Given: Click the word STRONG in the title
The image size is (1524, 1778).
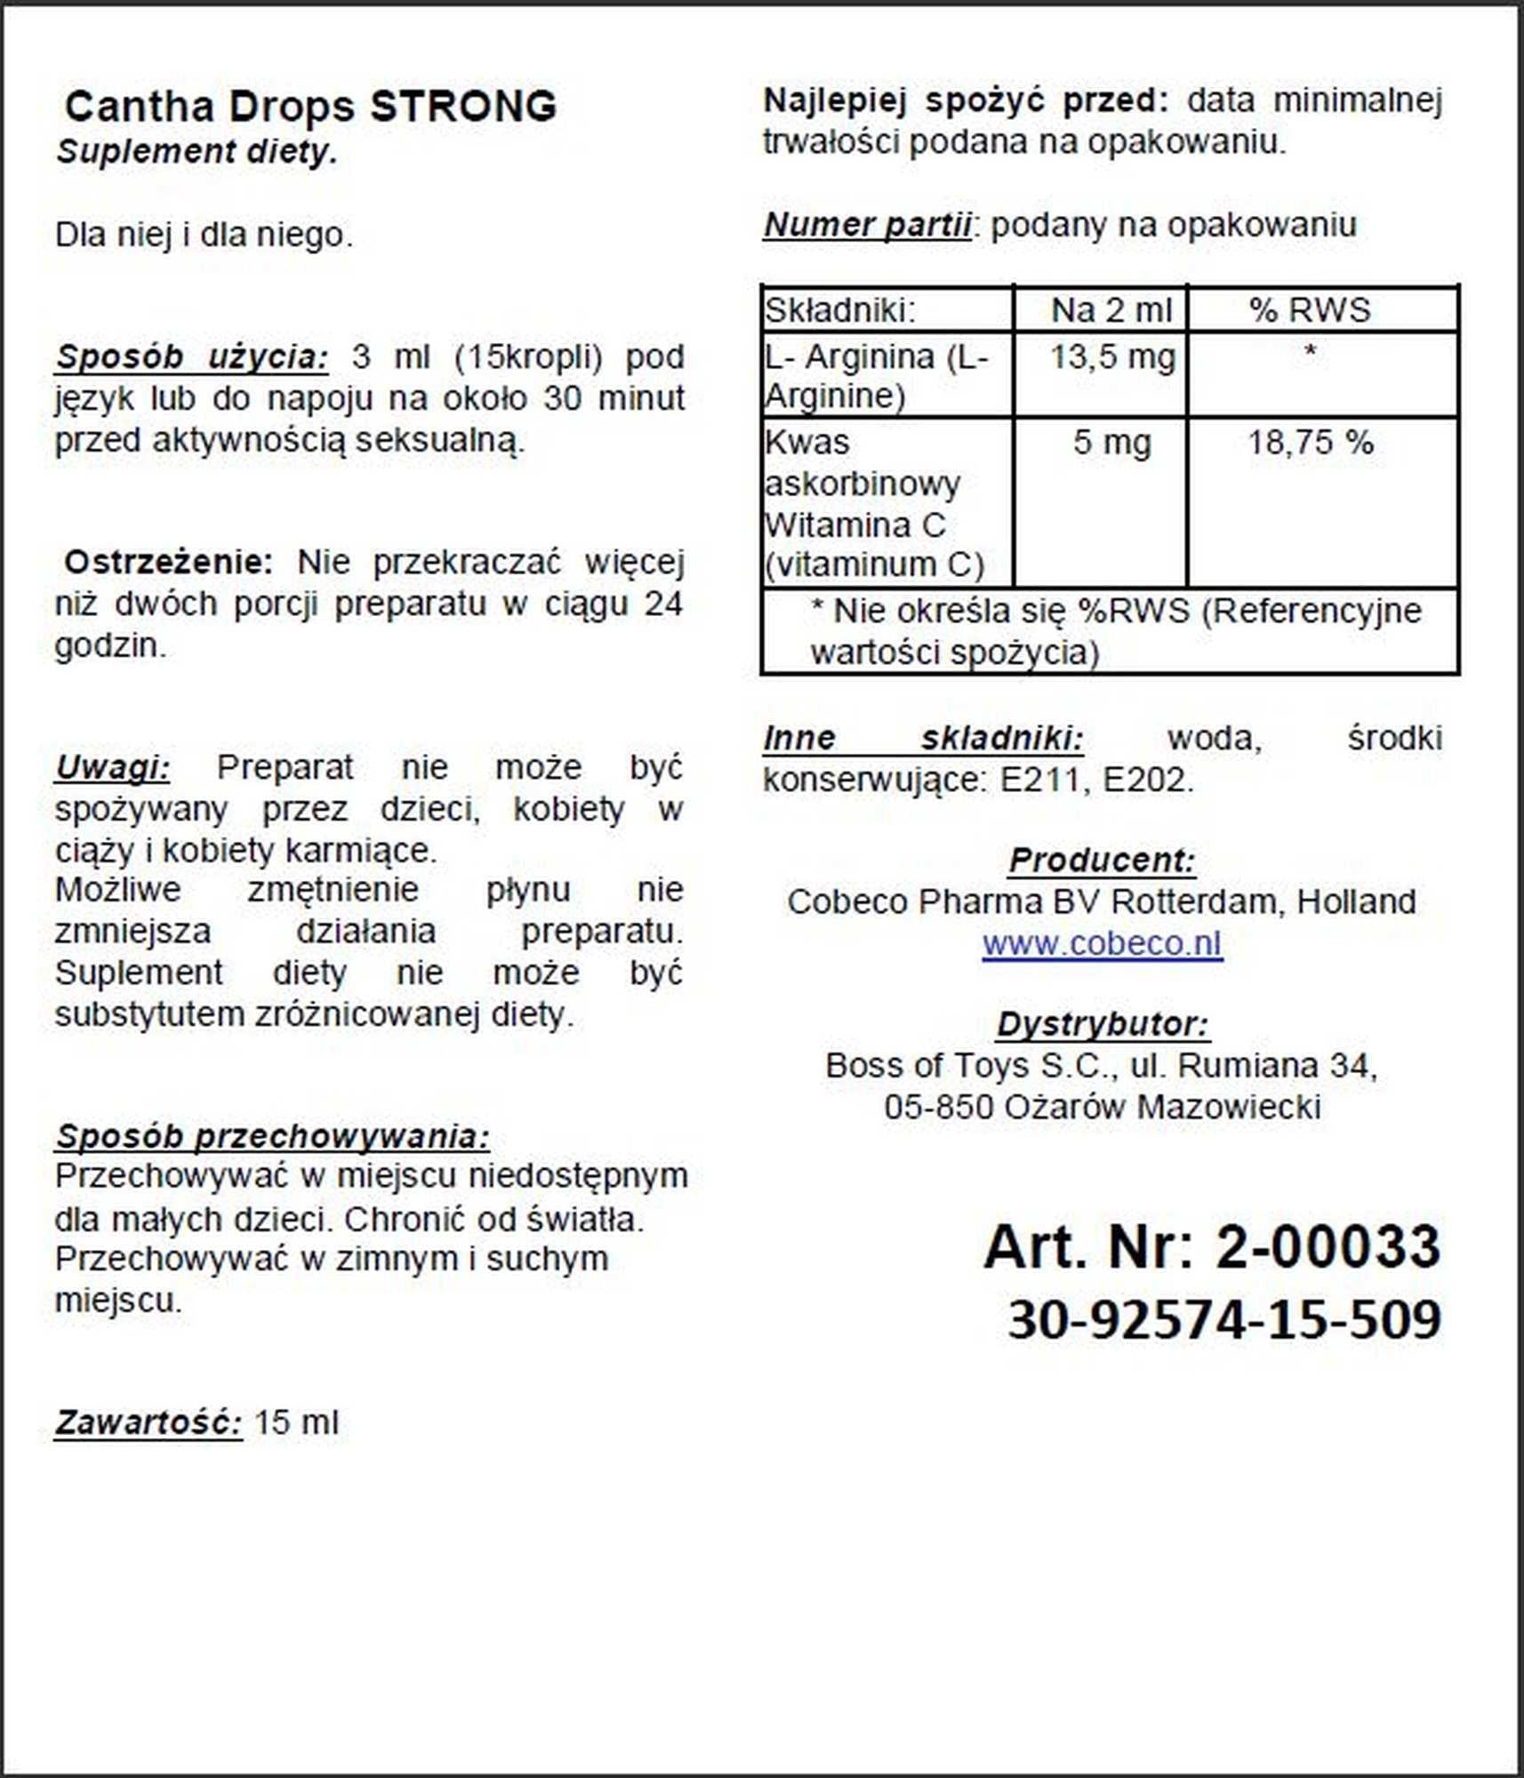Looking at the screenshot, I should pos(463,107).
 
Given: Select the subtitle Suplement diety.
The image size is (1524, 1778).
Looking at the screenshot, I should pos(197,152).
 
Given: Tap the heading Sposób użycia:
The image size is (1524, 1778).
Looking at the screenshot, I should pos(191,357).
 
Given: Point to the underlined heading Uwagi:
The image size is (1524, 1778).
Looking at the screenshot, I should pos(112,767).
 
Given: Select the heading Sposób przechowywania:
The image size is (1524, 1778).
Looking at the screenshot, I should pos(271,1136).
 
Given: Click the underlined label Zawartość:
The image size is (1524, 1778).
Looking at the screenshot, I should pos(148,1422).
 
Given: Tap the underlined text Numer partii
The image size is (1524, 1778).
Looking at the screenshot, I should pos(867,225).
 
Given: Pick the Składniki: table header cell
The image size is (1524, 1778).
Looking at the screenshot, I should pos(840,310).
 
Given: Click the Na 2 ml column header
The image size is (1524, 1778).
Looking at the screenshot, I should pos(1111,310).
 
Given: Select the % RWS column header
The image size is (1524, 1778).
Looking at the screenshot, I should pos(1310,310).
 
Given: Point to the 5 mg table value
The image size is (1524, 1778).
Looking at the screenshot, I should pos(1111,442).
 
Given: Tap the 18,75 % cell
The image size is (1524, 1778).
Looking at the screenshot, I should pos(1311,442).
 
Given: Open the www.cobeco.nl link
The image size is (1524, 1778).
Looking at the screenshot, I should pos(1102,943).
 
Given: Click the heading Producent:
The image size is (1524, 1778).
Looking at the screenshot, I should pos(1102,860).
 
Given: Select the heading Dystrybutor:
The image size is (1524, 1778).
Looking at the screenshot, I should pos(1102,1024).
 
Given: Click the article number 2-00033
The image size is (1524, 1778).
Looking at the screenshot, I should pos(1327,1246).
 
